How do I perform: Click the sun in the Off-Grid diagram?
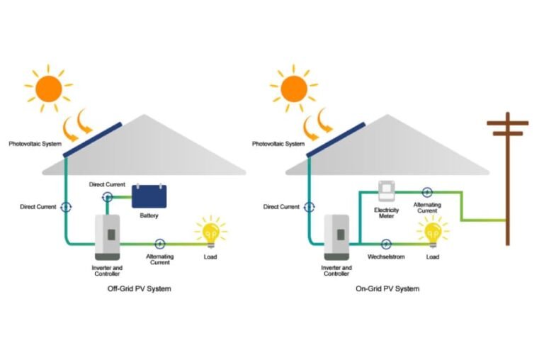49,88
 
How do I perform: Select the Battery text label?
149,215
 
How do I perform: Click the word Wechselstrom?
386,257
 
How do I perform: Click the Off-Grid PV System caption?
135,288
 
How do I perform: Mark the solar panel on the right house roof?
335,140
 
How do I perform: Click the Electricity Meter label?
386,213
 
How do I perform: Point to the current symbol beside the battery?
107,196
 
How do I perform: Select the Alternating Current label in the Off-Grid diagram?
159,259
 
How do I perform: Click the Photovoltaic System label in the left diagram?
35,144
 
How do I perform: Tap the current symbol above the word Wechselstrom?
386,243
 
